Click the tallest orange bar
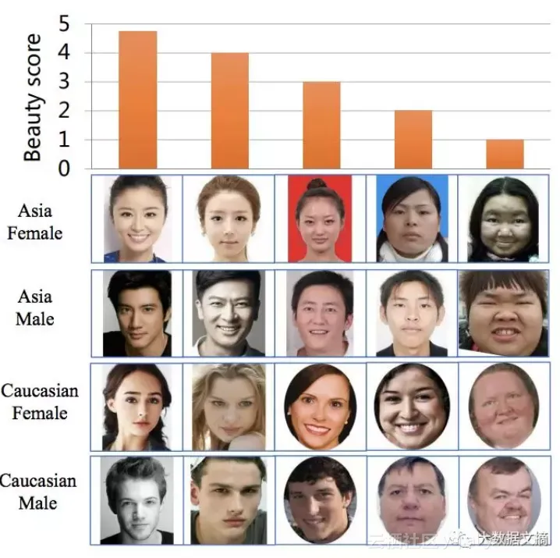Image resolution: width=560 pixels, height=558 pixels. [137, 99]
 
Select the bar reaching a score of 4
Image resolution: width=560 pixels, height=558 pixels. [229, 110]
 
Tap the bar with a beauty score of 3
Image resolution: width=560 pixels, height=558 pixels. [321, 125]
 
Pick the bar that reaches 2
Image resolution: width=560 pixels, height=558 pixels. [413, 139]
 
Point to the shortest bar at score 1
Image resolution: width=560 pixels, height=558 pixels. [505, 154]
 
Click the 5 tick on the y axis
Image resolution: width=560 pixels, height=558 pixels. [64, 24]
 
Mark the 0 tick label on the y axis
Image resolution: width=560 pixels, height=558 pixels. [64, 169]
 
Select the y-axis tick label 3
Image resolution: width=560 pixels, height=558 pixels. [64, 82]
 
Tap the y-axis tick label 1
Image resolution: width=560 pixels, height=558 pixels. [64, 140]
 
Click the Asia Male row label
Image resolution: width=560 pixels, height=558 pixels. [35, 307]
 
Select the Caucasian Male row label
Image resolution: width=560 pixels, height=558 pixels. [39, 491]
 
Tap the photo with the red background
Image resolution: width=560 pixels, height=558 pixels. [319, 219]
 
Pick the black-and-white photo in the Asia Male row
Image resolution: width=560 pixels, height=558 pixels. [227, 312]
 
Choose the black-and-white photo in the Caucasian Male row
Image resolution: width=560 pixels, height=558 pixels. [136, 499]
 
